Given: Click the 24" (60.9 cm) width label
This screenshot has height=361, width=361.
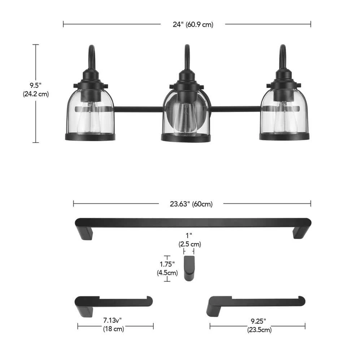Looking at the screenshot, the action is (x=193, y=25).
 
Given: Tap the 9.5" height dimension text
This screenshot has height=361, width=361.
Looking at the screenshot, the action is (x=35, y=85).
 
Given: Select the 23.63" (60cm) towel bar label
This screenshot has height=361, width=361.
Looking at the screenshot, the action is (x=191, y=204).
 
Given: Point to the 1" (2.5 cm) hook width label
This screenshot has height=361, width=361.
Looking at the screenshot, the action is (x=190, y=240).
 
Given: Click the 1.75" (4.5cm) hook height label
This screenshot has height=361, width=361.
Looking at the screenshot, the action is (x=168, y=269).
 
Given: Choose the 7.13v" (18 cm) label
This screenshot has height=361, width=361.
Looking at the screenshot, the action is (x=113, y=325).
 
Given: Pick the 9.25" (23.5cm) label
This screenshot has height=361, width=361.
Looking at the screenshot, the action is (x=259, y=325).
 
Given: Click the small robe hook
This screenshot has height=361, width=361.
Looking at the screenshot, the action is (x=189, y=268).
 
